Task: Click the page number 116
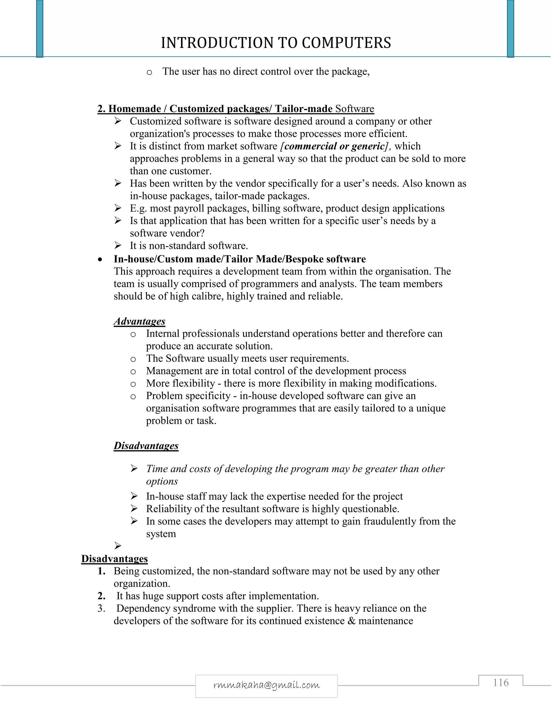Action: point(501,683)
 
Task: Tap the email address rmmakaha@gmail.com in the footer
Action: point(266,685)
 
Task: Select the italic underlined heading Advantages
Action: point(139,321)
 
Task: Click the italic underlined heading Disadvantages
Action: point(146,446)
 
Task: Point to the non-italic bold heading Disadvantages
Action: point(115,559)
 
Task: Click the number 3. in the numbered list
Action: point(101,608)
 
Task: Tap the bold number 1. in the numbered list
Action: point(101,571)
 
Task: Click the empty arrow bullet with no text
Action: point(118,546)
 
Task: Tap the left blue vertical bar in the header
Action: point(40,29)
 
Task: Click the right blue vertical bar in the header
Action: point(510,29)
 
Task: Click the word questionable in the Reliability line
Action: point(371,509)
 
